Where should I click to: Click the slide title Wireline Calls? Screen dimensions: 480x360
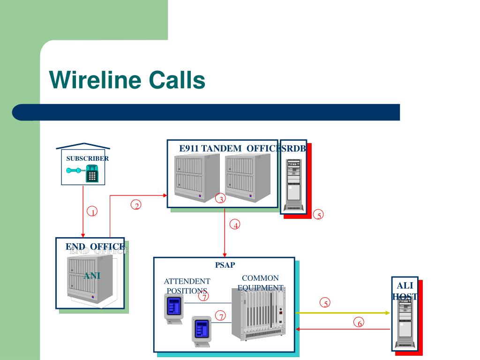click(x=127, y=80)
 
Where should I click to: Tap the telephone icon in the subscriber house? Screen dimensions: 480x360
click(x=82, y=173)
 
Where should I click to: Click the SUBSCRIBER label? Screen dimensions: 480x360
click(x=88, y=158)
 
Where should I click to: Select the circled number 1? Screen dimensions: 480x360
click(x=92, y=211)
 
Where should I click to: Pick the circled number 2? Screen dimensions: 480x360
click(x=136, y=205)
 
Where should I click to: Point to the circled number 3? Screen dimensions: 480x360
click(x=220, y=198)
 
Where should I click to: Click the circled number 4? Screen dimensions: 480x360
click(x=235, y=225)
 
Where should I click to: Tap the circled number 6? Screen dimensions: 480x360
click(x=359, y=322)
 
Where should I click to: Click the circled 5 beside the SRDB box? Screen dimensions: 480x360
click(x=318, y=215)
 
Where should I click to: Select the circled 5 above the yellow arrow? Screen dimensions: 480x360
click(x=325, y=303)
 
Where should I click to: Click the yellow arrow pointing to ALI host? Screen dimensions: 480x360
click(x=343, y=313)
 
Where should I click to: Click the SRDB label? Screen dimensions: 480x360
click(x=293, y=149)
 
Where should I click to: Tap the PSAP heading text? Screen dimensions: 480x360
click(x=225, y=265)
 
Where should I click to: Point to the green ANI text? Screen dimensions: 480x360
click(x=92, y=276)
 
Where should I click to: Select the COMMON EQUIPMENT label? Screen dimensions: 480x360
click(x=261, y=283)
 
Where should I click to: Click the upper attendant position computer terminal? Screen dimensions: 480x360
click(x=174, y=308)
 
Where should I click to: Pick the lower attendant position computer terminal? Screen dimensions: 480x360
click(x=202, y=331)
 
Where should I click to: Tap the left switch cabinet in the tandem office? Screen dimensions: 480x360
click(x=197, y=178)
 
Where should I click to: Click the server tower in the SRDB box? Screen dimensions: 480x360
click(x=293, y=185)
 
